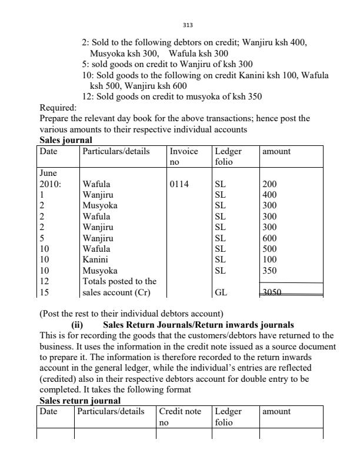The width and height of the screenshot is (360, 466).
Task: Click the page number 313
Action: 188,26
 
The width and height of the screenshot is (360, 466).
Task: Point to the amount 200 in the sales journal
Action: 269,184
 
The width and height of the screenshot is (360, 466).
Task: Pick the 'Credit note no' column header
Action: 180,417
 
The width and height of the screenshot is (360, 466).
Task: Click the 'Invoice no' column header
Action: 184,156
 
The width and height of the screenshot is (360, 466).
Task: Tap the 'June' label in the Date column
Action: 48,173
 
